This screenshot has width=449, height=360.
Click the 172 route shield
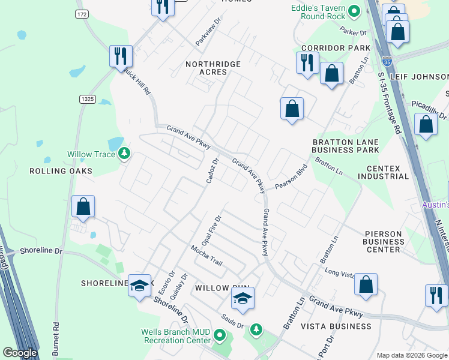pos(82,13)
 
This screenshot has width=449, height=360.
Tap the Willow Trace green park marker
pos(124,154)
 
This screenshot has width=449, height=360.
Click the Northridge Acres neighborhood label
pos(213,68)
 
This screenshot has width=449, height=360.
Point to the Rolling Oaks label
pos(61,171)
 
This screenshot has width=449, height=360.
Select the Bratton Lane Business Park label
pos(345,146)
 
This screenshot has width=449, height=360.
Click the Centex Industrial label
pos(383,172)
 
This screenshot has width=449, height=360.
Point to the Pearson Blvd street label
pos(291,177)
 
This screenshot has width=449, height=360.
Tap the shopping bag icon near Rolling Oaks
pos(83,206)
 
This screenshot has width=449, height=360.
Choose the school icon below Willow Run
pos(243,298)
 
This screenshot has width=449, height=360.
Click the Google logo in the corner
pos(20,353)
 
